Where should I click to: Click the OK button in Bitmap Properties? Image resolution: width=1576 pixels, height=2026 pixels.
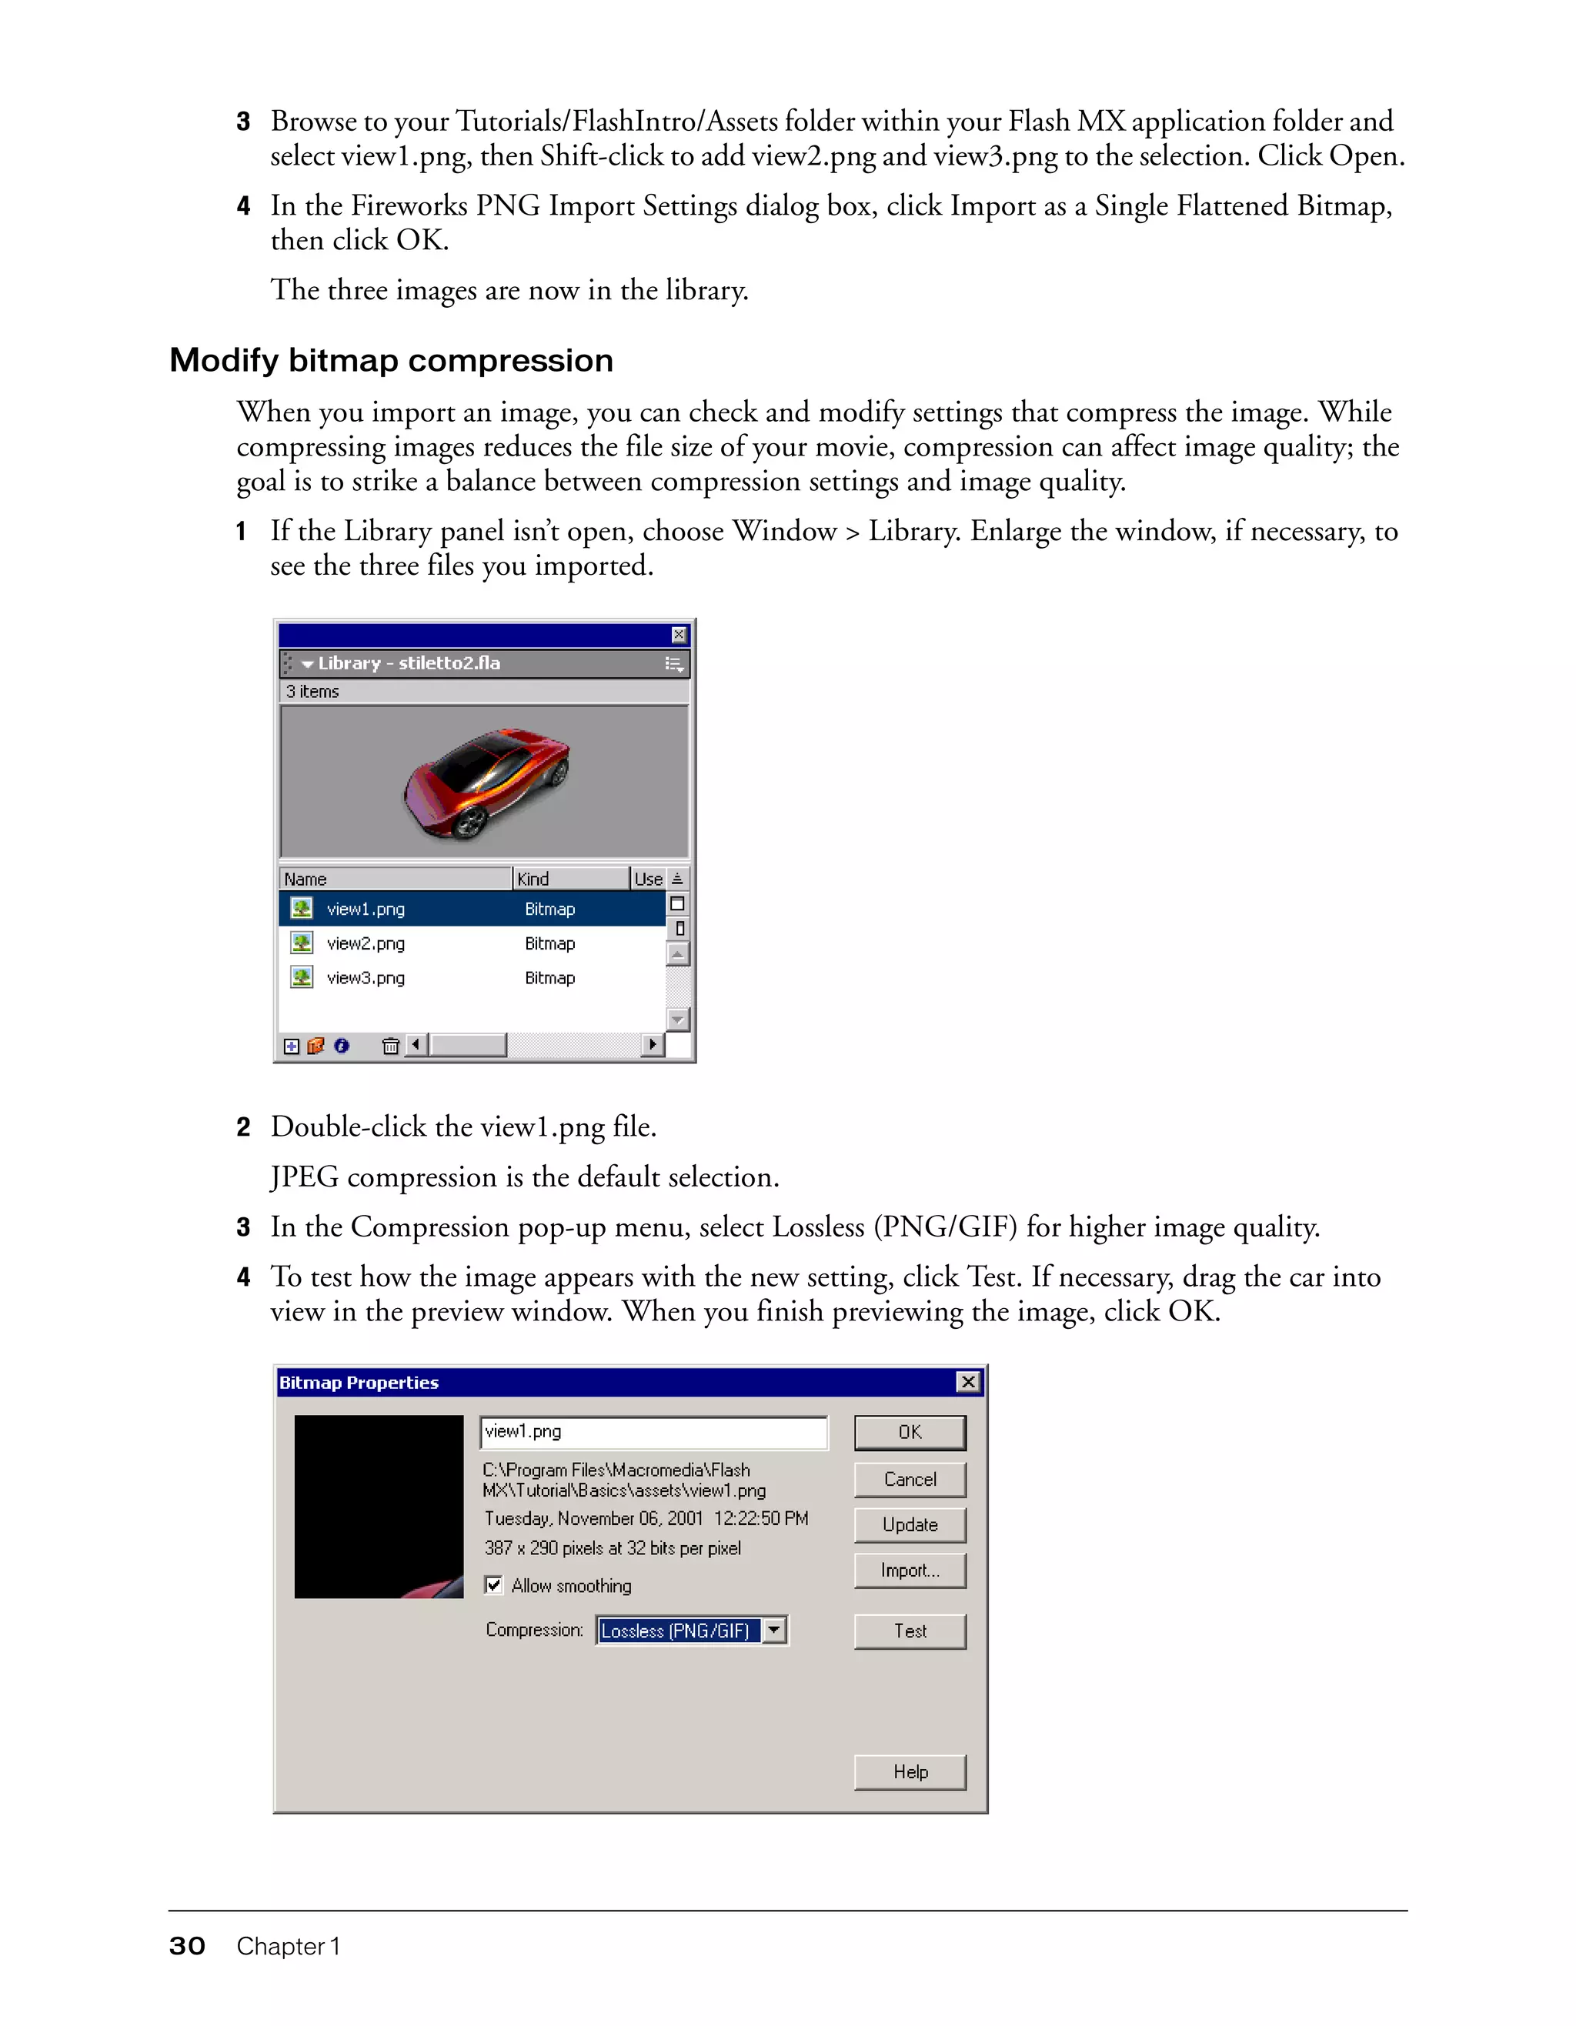pos(909,1432)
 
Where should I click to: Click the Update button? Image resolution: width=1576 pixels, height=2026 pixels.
pos(909,1524)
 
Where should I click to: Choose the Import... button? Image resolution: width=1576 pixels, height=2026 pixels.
pos(909,1570)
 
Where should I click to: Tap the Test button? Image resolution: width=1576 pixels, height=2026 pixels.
pos(909,1630)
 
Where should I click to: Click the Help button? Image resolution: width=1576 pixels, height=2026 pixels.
pos(909,1772)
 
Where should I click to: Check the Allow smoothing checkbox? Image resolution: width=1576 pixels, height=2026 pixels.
pos(493,1584)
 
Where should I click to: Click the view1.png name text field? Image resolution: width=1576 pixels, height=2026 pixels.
pos(653,1431)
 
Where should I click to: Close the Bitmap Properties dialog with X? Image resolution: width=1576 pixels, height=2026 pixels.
pos(967,1382)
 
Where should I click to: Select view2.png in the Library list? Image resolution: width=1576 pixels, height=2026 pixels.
pos(366,943)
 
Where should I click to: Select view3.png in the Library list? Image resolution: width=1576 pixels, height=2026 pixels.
pos(366,978)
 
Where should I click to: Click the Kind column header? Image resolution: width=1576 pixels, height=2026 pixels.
pos(569,879)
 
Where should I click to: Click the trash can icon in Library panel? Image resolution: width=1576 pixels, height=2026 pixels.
pos(390,1046)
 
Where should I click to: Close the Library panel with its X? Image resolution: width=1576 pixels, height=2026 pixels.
pos(679,635)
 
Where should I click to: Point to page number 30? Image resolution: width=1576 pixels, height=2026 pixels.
pos(186,1946)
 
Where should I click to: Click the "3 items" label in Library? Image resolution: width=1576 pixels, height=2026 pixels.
pos(312,691)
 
